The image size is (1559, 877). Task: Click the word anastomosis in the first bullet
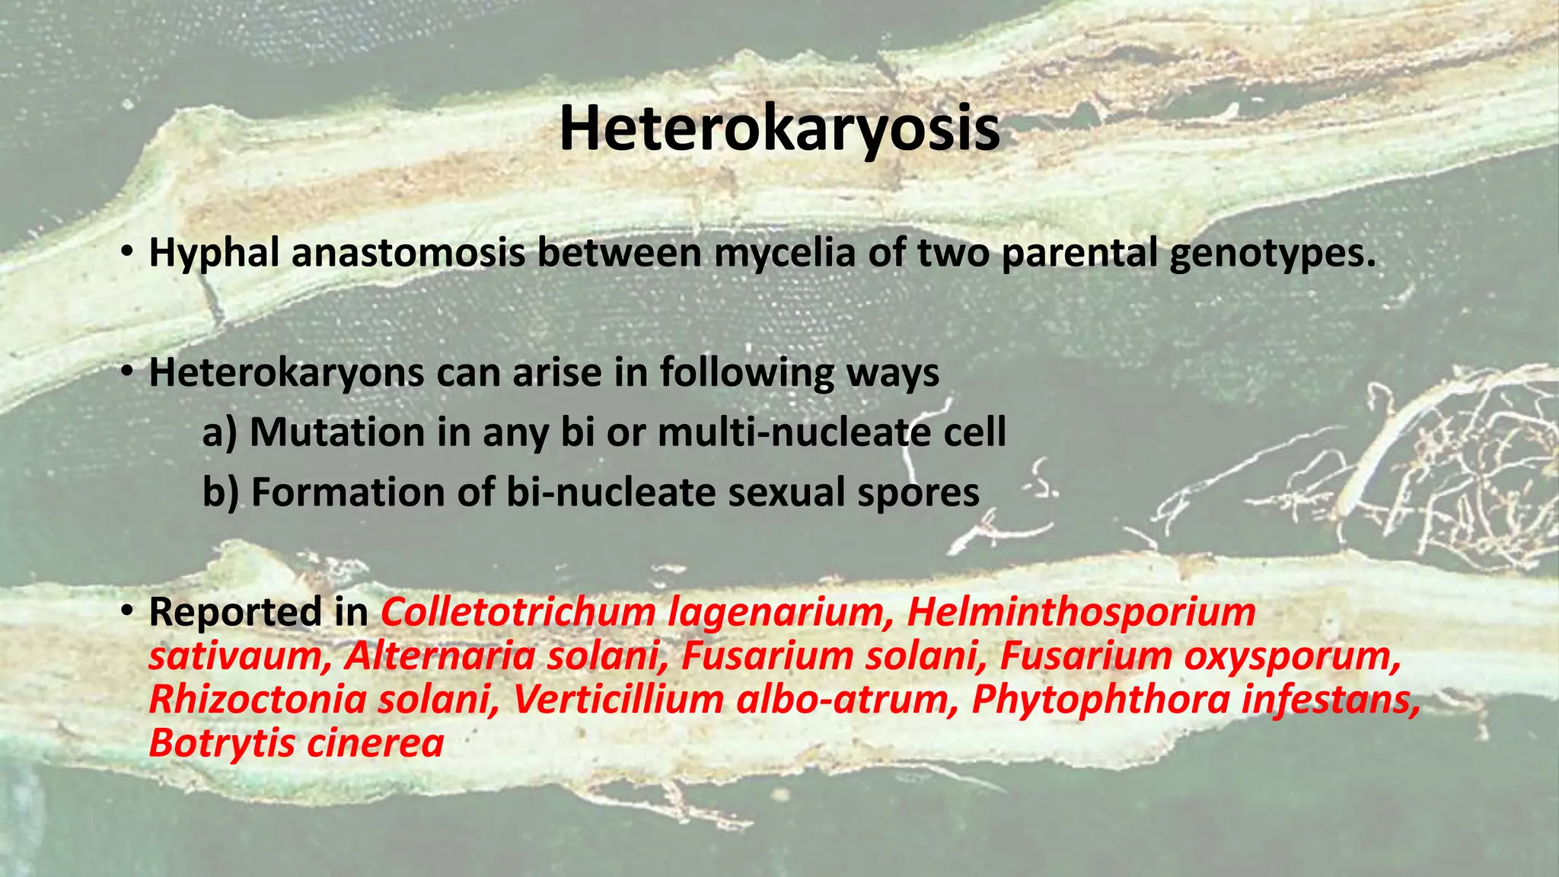tap(408, 253)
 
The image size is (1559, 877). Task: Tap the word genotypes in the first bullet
tap(1273, 254)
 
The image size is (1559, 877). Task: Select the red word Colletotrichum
tap(518, 612)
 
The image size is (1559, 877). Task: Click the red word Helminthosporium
tap(1081, 612)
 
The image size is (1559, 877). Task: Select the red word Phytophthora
tap(1101, 700)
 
